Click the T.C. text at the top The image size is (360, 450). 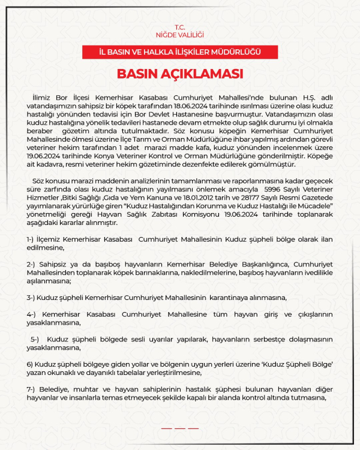coord(180,27)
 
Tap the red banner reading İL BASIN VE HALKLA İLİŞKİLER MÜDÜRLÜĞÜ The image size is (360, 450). coord(180,52)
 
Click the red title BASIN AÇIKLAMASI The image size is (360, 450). coord(180,74)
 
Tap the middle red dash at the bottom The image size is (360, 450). coord(180,428)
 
